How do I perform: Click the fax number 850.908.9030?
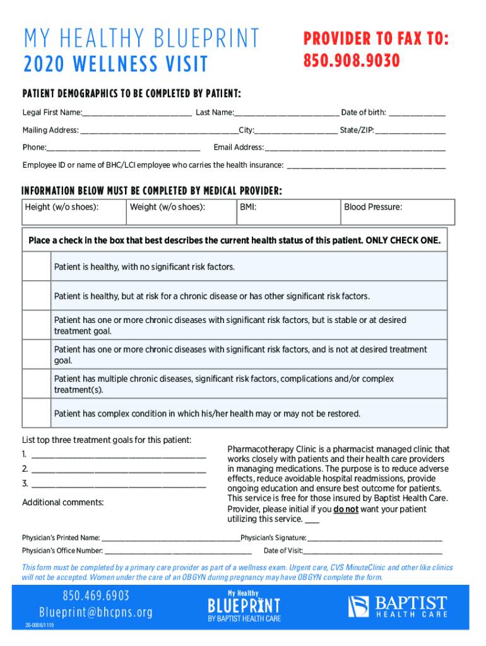(x=352, y=61)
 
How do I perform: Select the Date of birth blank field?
(x=417, y=114)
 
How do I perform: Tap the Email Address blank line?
(x=355, y=148)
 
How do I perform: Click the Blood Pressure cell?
(x=397, y=212)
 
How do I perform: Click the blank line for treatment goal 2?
(x=118, y=470)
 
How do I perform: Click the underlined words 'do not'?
(x=346, y=509)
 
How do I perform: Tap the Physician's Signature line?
(x=374, y=539)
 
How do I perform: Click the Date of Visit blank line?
(x=372, y=551)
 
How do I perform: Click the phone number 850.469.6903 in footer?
(x=96, y=596)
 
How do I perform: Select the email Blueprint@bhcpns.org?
(x=96, y=613)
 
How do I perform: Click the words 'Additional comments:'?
(x=63, y=503)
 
